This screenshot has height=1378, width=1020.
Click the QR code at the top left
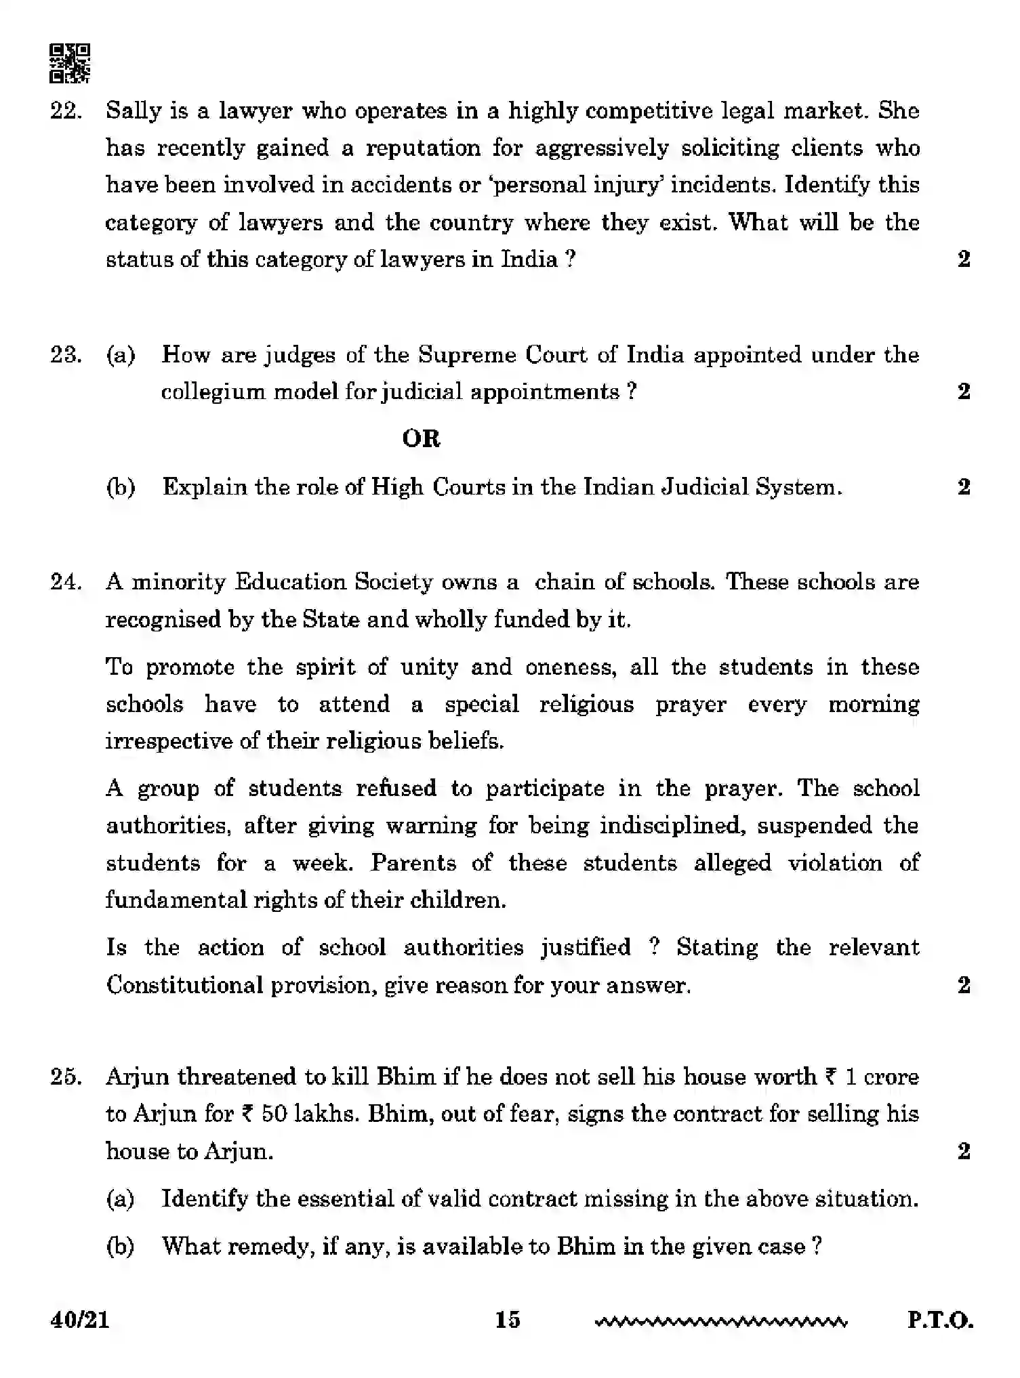(69, 64)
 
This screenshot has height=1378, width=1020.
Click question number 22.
(66, 111)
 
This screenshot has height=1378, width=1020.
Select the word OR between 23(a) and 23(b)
(421, 439)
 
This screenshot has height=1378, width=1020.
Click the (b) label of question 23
(121, 487)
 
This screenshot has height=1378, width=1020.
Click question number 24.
(66, 582)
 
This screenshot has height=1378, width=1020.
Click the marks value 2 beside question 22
(964, 259)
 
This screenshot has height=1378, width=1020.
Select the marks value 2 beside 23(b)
(964, 487)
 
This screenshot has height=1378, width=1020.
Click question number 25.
(66, 1077)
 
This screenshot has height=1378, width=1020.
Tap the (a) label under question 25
(121, 1199)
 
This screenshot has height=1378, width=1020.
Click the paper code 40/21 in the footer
(79, 1319)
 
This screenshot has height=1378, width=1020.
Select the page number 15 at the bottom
(507, 1319)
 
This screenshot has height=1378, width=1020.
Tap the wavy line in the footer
(720, 1321)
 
